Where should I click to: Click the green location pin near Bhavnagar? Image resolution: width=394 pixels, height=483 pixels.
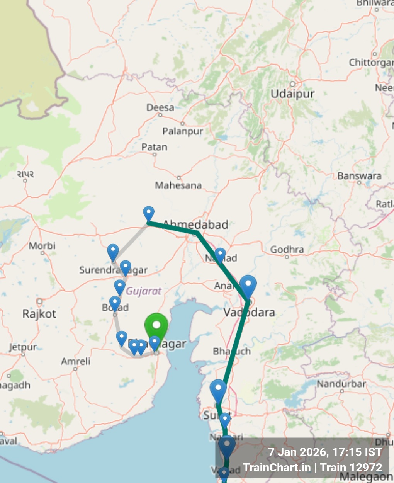pos(156,327)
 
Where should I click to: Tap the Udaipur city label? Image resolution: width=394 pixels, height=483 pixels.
pos(292,94)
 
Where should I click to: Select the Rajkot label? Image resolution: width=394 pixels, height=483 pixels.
pos(39,313)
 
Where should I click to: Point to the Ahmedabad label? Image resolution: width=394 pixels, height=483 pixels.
pos(196,224)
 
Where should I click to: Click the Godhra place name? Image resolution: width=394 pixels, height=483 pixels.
pos(287,250)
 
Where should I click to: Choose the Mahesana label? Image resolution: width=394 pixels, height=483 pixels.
pos(178,185)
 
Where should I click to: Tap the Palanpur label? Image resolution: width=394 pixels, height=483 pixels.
pos(183,131)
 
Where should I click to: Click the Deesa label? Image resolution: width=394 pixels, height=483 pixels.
pos(160,108)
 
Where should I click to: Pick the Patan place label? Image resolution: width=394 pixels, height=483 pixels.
pos(155,147)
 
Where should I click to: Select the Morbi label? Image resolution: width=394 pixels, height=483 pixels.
pos(42,246)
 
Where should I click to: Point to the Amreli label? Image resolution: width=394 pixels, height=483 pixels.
pos(76,361)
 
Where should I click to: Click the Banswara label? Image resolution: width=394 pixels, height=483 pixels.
pos(359,176)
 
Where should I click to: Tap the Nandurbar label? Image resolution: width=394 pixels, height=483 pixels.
pos(341,384)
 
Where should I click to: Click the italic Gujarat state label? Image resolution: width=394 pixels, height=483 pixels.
pos(144,291)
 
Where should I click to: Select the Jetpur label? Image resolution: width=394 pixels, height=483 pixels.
pos(23,347)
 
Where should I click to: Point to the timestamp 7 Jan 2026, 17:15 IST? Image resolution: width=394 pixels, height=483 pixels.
pos(325,452)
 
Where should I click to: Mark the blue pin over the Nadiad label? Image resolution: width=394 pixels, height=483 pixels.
pos(220,255)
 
